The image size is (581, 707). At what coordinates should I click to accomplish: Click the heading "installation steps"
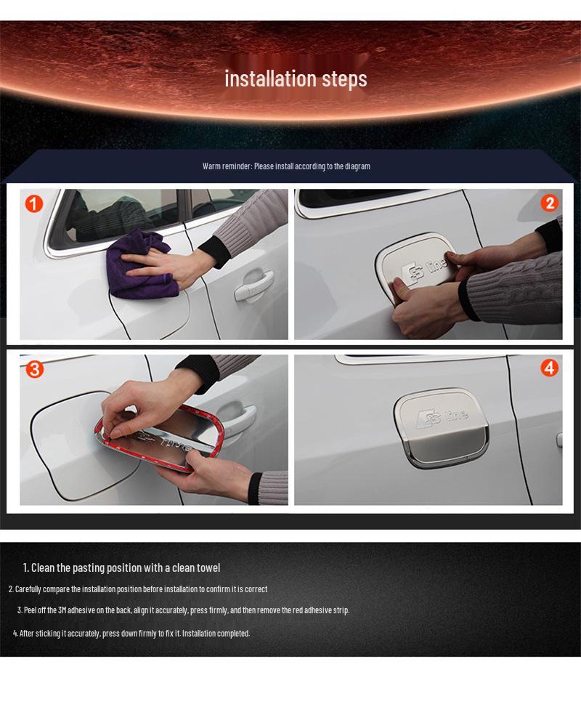click(296, 78)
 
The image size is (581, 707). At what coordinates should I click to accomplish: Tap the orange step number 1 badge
click(34, 203)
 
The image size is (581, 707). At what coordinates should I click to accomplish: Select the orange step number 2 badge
click(549, 203)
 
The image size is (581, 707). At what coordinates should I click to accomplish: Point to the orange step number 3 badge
click(34, 369)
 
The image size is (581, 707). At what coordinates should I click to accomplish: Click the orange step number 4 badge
click(549, 368)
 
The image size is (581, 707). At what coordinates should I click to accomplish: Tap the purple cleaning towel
click(142, 265)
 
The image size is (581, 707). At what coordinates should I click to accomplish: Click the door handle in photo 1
click(253, 286)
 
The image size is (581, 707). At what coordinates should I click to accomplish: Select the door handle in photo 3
click(237, 418)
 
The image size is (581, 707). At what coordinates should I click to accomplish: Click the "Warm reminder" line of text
click(286, 166)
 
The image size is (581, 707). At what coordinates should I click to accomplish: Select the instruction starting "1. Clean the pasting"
click(121, 567)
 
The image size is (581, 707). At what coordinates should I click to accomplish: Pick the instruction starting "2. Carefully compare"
click(138, 589)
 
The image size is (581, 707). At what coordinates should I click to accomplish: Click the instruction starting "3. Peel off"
click(183, 610)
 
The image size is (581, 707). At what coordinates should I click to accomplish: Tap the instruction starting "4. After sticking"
click(131, 634)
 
